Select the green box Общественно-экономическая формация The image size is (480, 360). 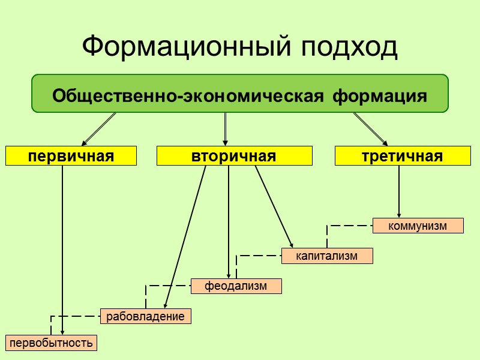240,94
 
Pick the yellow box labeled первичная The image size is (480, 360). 71,157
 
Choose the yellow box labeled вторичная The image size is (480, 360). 234,157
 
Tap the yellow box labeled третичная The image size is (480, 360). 402,157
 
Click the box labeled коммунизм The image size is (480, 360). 418,226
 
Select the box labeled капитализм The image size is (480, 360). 327,256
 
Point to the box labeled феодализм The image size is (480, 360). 236,286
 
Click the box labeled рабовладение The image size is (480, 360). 146,316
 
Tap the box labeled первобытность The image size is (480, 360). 51,343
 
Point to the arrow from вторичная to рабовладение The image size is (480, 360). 186,234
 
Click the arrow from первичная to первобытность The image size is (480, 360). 62,252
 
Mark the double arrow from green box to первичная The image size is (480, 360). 99,129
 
